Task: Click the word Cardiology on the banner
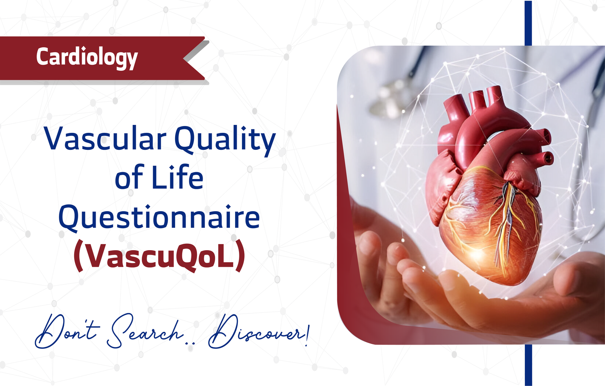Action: click(x=87, y=58)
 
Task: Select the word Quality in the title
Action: click(x=225, y=140)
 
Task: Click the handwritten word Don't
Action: click(x=68, y=332)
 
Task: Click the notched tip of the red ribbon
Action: click(x=184, y=58)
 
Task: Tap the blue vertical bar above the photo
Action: click(x=528, y=23)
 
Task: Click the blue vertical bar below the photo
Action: click(x=528, y=365)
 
